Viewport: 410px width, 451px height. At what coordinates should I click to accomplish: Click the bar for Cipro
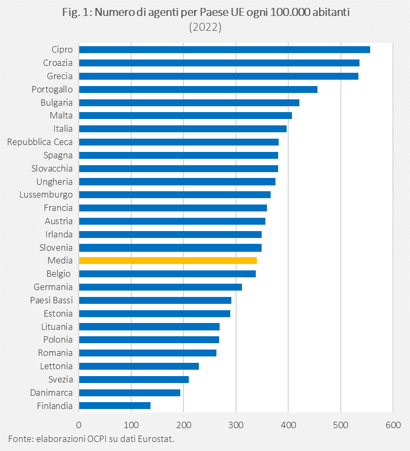[224, 50]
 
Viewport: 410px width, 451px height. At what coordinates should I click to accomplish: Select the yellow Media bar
[168, 260]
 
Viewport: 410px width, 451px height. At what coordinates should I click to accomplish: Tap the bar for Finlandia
[114, 405]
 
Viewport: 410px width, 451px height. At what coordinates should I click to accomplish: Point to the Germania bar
[160, 287]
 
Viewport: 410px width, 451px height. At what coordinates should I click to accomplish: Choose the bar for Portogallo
[198, 89]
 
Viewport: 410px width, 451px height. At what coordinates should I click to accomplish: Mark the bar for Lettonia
[139, 366]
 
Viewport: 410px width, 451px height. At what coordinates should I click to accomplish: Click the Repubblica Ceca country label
[40, 142]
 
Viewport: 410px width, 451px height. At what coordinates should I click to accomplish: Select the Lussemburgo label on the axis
[46, 194]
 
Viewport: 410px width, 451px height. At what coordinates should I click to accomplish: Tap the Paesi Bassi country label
[52, 300]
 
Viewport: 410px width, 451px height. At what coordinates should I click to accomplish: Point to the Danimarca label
[53, 393]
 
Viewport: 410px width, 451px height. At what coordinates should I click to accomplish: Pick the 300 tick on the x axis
[236, 424]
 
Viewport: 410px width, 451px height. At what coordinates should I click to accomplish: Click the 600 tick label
[392, 424]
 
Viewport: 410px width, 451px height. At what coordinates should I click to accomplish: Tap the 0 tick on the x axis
[79, 424]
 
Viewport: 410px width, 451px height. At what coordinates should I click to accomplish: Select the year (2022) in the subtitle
[205, 27]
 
